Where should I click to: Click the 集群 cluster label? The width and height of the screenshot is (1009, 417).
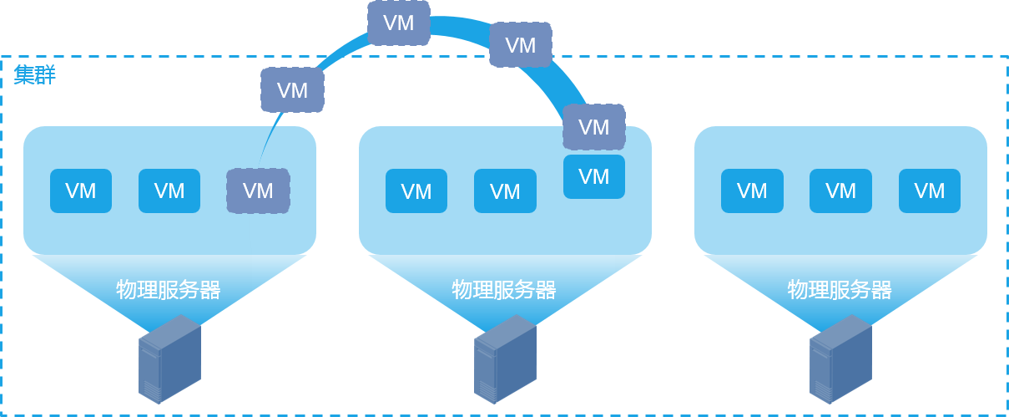click(34, 75)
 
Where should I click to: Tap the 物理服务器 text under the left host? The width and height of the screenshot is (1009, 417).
click(169, 290)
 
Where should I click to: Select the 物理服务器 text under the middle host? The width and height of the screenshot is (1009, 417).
click(504, 290)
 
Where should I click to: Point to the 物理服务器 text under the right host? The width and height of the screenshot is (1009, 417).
click(840, 290)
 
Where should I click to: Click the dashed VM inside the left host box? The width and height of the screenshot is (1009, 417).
click(258, 191)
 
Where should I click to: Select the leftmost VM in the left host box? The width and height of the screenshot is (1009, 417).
click(81, 191)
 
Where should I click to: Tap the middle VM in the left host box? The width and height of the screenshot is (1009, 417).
click(169, 191)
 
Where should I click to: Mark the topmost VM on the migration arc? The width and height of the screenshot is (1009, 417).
click(399, 23)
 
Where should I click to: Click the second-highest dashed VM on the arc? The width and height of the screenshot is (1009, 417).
click(521, 44)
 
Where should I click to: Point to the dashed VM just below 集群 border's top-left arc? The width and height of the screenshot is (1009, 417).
click(292, 90)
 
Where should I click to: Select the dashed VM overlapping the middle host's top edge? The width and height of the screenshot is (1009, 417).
click(594, 127)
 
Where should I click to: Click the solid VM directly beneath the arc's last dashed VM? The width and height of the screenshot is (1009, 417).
click(594, 176)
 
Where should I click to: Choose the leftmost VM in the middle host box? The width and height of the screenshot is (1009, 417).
click(416, 191)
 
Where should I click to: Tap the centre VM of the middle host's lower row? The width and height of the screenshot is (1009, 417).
click(505, 191)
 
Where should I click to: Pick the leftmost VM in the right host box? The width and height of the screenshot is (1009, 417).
click(752, 191)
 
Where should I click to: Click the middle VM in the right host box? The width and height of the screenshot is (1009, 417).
click(840, 191)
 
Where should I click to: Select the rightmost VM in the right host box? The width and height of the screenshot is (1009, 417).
click(930, 191)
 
